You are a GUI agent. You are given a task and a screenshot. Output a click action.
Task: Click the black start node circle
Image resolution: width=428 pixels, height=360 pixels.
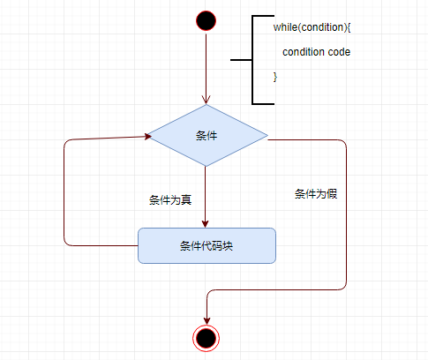point(206,20)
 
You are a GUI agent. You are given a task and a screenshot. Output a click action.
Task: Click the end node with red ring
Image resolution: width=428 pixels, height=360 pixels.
point(206,338)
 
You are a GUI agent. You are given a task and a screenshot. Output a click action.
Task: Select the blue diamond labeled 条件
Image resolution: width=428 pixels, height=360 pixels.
point(207,136)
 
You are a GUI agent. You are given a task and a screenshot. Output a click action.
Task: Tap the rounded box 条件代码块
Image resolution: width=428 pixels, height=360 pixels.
point(206,245)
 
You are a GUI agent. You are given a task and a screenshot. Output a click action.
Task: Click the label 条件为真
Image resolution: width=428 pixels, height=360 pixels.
point(170,200)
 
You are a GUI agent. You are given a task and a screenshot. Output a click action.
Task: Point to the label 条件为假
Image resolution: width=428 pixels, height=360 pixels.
point(316,194)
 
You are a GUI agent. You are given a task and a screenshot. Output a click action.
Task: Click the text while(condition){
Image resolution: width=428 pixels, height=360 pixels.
point(312,27)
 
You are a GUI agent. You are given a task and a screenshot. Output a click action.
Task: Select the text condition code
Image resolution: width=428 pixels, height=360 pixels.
point(317,52)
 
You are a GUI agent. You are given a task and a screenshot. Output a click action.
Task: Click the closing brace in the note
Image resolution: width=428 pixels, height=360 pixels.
point(275,77)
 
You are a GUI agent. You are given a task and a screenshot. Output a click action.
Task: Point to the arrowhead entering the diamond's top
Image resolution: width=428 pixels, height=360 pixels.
point(206,100)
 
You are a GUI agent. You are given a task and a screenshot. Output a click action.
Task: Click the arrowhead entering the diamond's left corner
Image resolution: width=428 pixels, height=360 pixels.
point(147,136)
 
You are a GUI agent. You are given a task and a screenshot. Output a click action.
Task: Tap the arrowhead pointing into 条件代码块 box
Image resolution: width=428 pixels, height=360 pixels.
point(206,224)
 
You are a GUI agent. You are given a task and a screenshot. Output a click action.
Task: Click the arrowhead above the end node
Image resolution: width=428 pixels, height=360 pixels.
point(207,321)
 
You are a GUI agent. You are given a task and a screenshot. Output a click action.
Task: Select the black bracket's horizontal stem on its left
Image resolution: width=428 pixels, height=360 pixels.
point(241,60)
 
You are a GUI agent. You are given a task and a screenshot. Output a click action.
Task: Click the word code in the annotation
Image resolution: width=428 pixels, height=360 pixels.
point(339,52)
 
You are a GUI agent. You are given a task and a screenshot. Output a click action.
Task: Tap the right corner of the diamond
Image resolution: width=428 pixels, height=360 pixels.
point(267,136)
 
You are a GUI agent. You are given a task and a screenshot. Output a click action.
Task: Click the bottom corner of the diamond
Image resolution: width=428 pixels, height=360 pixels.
point(206,167)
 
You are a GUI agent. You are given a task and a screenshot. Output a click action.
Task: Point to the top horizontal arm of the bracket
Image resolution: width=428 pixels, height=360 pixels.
point(264,16)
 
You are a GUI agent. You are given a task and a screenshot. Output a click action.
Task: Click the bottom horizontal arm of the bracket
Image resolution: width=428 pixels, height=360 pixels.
point(264,103)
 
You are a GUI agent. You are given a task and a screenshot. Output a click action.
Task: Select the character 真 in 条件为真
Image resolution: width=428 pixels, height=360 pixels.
point(186,200)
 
